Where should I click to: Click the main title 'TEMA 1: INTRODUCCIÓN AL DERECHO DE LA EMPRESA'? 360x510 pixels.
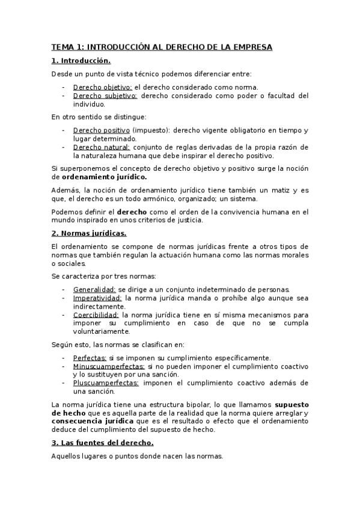[x=162, y=47]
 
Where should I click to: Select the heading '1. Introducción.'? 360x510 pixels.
[x=81, y=61]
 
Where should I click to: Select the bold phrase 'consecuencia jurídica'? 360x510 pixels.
[x=88, y=422]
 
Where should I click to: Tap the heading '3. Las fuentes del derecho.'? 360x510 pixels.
[x=102, y=443]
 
